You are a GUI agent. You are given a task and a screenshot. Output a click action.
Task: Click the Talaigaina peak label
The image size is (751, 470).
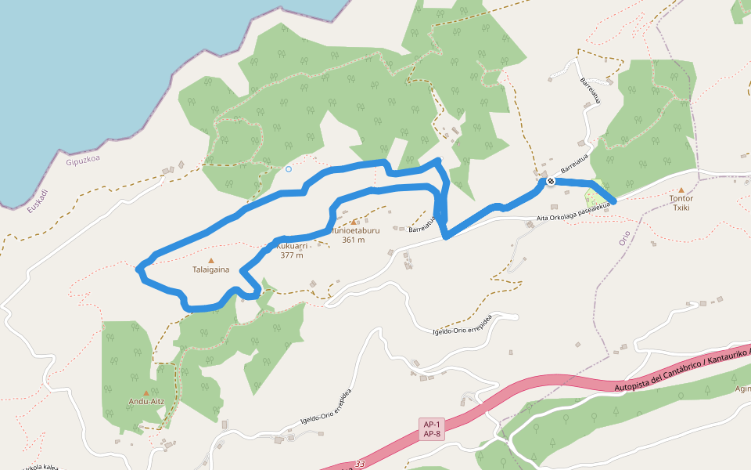[x=210, y=270]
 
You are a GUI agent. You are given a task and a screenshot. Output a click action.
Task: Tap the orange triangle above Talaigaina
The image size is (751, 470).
[x=210, y=260]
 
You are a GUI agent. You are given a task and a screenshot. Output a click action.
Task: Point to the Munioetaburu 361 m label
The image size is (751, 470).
[x=354, y=235]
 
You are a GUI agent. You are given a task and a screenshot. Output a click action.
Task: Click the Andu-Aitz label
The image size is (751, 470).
[x=146, y=403]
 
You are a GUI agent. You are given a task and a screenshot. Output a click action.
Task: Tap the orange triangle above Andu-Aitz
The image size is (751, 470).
[x=146, y=393]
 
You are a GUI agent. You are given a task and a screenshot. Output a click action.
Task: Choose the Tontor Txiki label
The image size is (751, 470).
[x=681, y=203]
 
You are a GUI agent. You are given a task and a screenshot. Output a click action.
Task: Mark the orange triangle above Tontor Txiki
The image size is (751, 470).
[x=681, y=190]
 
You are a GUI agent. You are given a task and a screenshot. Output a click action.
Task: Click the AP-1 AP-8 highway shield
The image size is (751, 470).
[x=432, y=428]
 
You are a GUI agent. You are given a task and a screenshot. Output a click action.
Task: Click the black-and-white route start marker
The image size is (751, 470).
[x=551, y=182]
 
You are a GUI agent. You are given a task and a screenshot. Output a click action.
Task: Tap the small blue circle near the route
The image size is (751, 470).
[x=289, y=168]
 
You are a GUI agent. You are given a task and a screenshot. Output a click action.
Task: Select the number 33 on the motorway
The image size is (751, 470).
[x=359, y=465]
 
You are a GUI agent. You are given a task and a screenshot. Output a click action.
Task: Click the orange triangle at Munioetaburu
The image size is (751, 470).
[x=354, y=222]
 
